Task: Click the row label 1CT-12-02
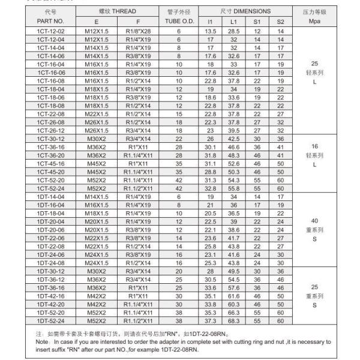(50, 31)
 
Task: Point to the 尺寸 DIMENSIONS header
(245, 11)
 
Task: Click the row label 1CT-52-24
(50, 187)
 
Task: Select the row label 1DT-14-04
(50, 196)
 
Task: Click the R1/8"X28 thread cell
(139, 31)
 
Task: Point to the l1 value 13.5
(211, 31)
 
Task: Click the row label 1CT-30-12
(50, 138)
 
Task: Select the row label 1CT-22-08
(50, 114)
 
